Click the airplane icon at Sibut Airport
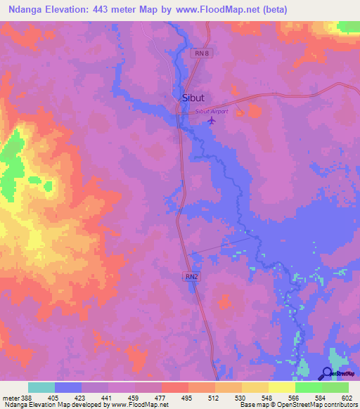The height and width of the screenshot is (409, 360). pyautogui.click(x=212, y=120)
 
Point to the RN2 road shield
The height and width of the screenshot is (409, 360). pyautogui.click(x=192, y=278)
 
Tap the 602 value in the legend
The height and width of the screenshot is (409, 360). pyautogui.click(x=347, y=397)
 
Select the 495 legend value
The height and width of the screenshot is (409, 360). pyautogui.click(x=186, y=397)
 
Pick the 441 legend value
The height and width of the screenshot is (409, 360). pyautogui.click(x=105, y=397)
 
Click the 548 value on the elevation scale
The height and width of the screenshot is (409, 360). pyautogui.click(x=266, y=397)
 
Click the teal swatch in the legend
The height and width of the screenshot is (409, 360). pyautogui.click(x=41, y=387)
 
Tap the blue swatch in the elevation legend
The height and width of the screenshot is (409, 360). pyautogui.click(x=68, y=387)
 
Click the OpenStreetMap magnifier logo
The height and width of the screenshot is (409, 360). pyautogui.click(x=327, y=375)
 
